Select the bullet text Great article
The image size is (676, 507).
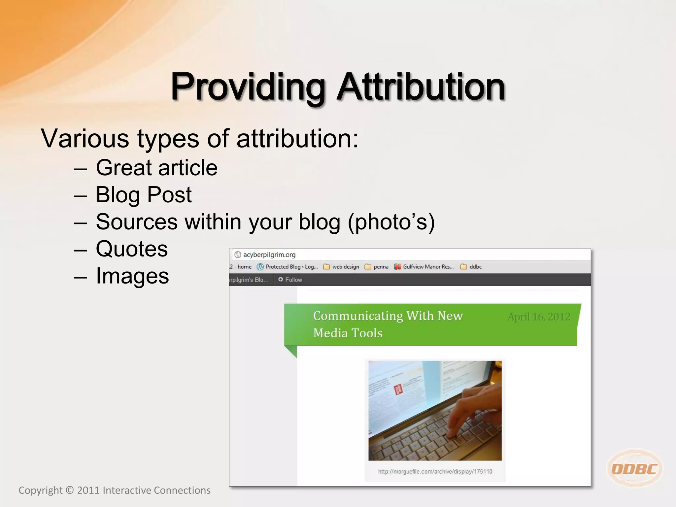pyautogui.click(x=156, y=168)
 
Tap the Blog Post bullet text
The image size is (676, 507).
pyautogui.click(x=144, y=195)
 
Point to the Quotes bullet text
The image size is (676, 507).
pyautogui.click(x=132, y=249)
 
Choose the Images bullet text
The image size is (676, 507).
pyautogui.click(x=132, y=276)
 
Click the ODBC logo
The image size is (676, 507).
pyautogui.click(x=634, y=468)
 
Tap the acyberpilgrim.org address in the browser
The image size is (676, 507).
pyautogui.click(x=269, y=255)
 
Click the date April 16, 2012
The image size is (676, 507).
pyautogui.click(x=539, y=317)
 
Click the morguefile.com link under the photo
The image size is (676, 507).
pyautogui.click(x=435, y=471)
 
